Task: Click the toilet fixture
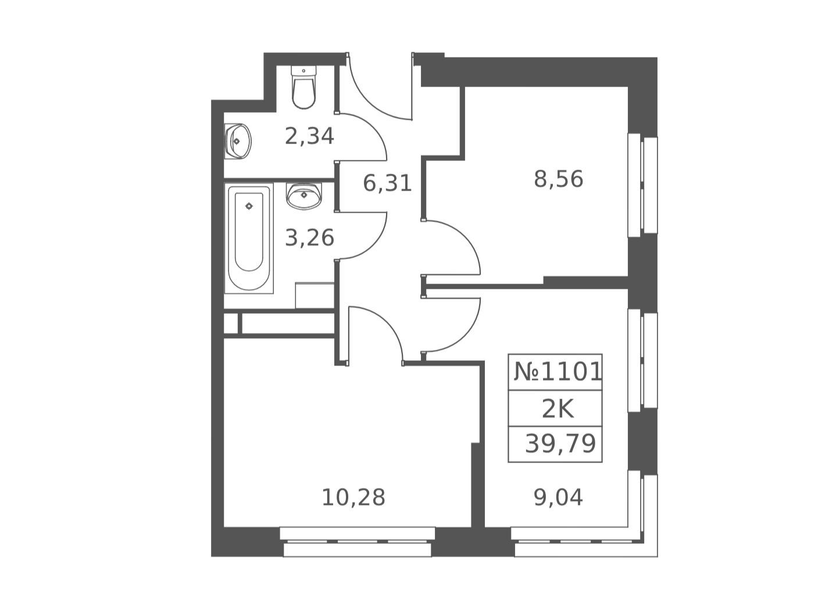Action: pyautogui.click(x=303, y=87)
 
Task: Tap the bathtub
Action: pyautogui.click(x=249, y=238)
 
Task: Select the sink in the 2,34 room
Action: pyautogui.click(x=238, y=141)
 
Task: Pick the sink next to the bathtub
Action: pyautogui.click(x=303, y=196)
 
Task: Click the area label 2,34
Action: pyautogui.click(x=309, y=137)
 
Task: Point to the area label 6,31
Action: pyautogui.click(x=387, y=184)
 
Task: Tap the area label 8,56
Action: pyautogui.click(x=558, y=180)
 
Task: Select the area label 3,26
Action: pyautogui.click(x=309, y=238)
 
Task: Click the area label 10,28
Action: pyautogui.click(x=353, y=498)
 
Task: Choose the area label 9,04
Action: pyautogui.click(x=558, y=498)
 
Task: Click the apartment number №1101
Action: pyautogui.click(x=558, y=372)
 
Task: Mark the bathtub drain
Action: pyautogui.click(x=249, y=206)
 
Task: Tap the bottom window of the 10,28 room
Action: pyautogui.click(x=357, y=542)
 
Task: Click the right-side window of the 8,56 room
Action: pyautogui.click(x=642, y=185)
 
